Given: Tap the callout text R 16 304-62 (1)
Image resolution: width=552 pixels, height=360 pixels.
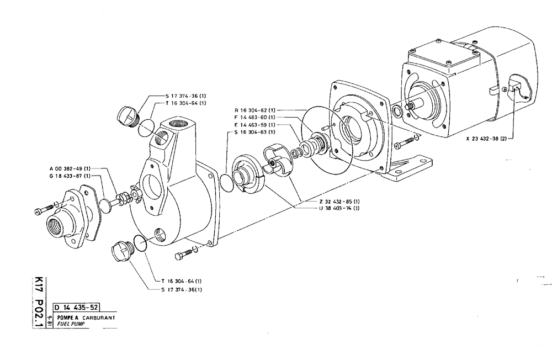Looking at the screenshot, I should click(256, 110).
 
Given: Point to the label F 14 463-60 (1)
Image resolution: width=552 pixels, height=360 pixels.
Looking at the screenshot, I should click(256, 117).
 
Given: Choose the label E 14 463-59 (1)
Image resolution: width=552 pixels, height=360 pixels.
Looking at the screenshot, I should click(256, 125).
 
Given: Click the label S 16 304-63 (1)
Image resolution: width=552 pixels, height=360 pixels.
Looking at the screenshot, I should click(256, 133).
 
